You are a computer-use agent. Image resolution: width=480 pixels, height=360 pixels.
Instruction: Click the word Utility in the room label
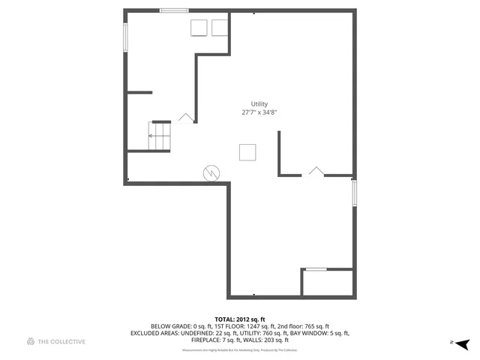[259, 104]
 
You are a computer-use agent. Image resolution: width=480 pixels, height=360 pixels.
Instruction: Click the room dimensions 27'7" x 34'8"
[259, 112]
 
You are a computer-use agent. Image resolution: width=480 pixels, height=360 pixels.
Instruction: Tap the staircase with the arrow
[160, 136]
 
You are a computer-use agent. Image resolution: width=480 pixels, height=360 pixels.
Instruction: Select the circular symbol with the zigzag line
[211, 173]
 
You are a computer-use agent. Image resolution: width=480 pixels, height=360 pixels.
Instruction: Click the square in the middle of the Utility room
[248, 151]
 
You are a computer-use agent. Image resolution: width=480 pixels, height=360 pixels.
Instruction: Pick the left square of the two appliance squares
[199, 27]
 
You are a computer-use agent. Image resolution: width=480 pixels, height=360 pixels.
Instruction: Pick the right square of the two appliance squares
[219, 27]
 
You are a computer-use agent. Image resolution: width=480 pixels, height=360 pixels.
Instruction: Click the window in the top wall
[174, 10]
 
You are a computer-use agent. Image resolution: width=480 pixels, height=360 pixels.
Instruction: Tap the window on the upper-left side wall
[125, 37]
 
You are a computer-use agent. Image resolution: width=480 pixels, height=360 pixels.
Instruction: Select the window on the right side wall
[354, 193]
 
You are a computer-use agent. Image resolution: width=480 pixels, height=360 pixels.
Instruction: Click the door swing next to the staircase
[186, 118]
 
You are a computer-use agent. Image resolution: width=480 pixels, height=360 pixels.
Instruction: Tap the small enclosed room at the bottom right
[328, 283]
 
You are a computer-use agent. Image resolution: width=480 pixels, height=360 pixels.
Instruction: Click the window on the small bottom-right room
[316, 269]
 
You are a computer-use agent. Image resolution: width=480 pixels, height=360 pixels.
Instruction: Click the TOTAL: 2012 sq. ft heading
[240, 319]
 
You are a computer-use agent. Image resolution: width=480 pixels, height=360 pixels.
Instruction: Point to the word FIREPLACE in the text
[206, 340]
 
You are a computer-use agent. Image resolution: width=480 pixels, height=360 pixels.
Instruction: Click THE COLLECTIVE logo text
[61, 342]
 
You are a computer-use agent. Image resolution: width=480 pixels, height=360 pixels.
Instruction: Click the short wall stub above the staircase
[139, 92]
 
